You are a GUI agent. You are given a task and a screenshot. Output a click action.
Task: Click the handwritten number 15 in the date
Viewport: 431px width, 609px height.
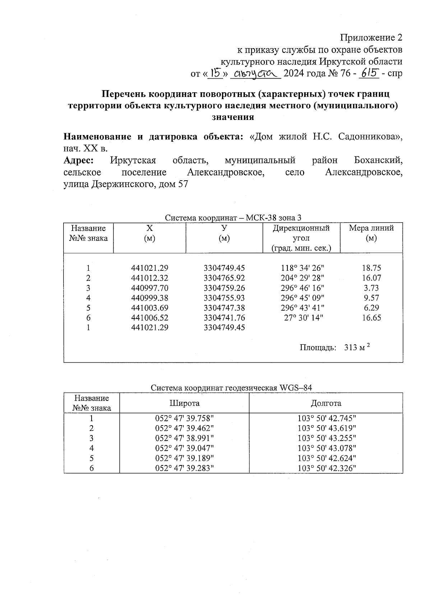point(215,74)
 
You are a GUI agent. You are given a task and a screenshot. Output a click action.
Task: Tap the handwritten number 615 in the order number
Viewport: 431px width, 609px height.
point(370,73)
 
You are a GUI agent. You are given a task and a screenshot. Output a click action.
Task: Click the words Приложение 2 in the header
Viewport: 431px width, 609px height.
point(371,38)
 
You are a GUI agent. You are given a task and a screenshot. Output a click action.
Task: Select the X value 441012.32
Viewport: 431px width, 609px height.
point(150,278)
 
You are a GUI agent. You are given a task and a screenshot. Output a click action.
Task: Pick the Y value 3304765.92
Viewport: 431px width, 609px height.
point(224,278)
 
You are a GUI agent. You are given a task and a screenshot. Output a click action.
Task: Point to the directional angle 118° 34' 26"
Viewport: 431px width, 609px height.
point(302,268)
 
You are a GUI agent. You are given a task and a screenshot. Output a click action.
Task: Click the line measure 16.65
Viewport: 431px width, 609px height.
point(371,317)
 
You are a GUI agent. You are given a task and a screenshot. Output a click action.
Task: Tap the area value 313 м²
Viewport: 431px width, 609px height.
point(357,347)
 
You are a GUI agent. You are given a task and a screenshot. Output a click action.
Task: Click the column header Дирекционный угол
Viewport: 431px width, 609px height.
point(301,233)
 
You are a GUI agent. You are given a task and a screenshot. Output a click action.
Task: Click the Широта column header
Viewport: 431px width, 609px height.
point(184,403)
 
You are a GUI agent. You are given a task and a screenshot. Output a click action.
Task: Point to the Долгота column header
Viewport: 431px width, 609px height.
point(326,403)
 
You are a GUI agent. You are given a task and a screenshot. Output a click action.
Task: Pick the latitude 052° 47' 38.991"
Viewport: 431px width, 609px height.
point(184,438)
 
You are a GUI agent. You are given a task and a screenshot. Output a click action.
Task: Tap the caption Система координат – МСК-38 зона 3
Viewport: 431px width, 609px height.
point(233,218)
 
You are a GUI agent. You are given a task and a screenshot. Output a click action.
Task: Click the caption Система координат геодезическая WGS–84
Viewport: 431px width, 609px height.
point(231,388)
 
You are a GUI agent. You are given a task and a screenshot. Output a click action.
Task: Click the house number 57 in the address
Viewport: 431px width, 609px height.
point(183,185)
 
